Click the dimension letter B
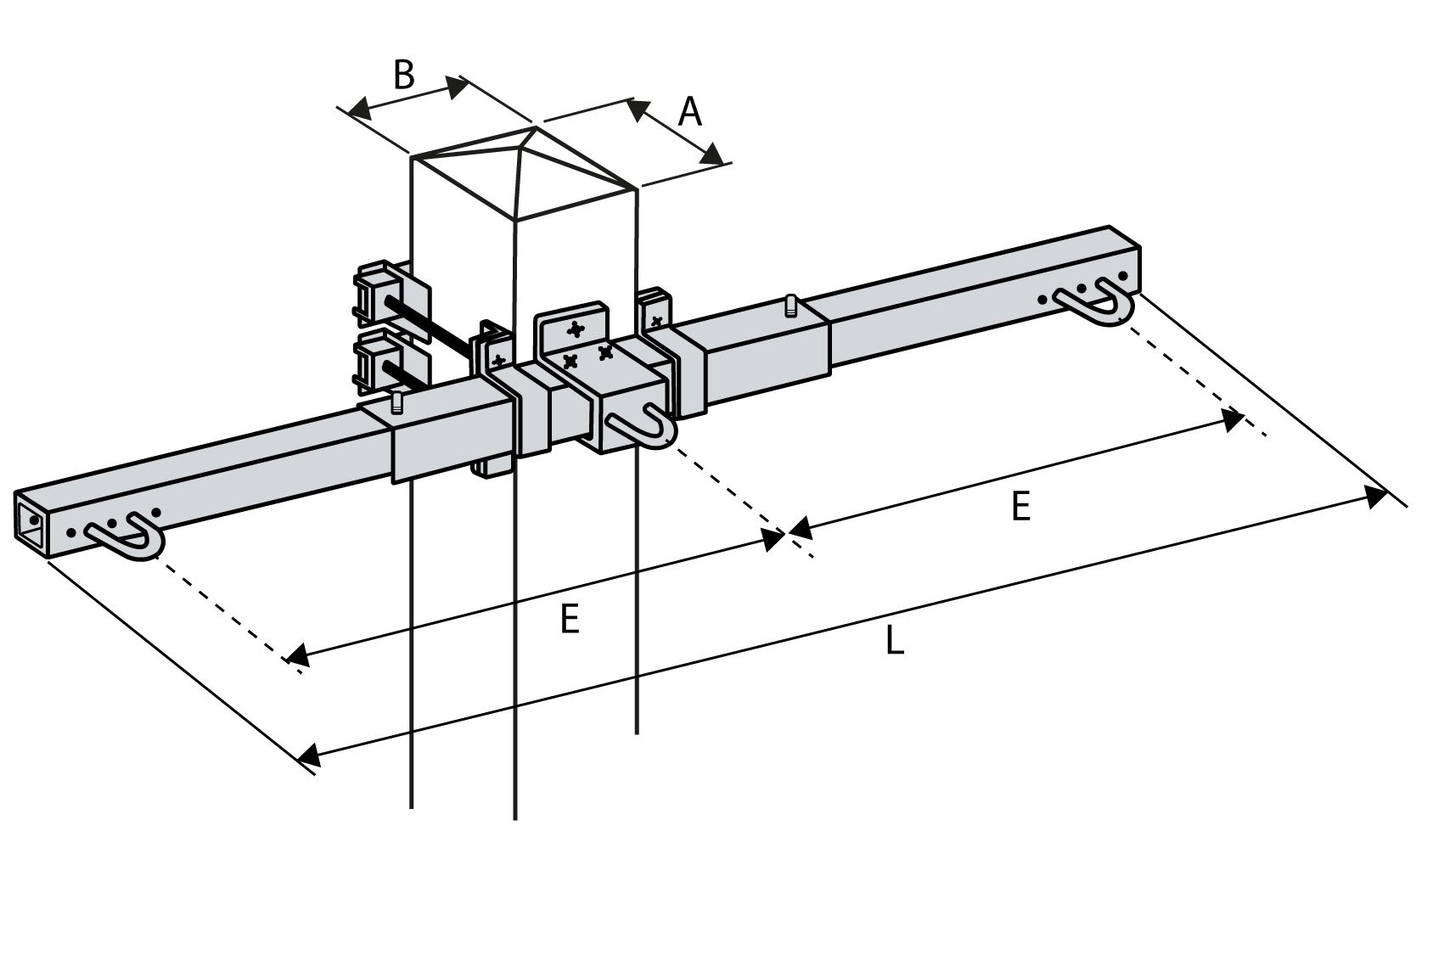[404, 75]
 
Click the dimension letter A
[690, 111]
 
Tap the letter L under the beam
[894, 640]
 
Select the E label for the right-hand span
[1020, 507]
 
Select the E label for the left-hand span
[570, 619]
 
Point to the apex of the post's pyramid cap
[534, 128]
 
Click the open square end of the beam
[31, 519]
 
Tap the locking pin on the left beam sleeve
[396, 402]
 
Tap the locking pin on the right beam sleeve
[791, 305]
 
